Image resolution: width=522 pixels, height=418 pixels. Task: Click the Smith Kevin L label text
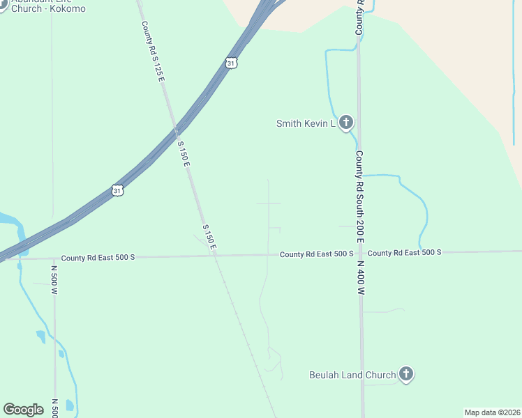coord(306,124)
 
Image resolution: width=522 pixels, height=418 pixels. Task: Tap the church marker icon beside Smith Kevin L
coord(346,123)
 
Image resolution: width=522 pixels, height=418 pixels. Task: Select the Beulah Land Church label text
coord(352,375)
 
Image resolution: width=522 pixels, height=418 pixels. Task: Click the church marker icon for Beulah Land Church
coord(406,374)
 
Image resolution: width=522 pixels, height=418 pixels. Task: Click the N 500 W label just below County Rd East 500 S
coord(54,277)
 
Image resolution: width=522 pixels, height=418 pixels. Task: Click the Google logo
coord(24,410)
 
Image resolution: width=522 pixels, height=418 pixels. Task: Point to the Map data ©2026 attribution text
coord(492,412)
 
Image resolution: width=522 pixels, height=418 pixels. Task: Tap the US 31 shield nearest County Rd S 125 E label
coord(232,63)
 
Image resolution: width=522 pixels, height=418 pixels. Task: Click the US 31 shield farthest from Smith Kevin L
coord(117,189)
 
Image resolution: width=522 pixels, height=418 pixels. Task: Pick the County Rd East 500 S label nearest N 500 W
coord(98,257)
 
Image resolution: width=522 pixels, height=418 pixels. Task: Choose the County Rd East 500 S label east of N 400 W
coord(405,252)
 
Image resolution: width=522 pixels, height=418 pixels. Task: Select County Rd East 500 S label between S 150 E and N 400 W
coord(316,254)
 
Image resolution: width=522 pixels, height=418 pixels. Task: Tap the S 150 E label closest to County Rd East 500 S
coord(209,238)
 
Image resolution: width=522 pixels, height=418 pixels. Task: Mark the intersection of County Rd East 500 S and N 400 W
coord(361,253)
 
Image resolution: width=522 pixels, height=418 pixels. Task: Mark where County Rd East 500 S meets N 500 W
coord(54,258)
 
